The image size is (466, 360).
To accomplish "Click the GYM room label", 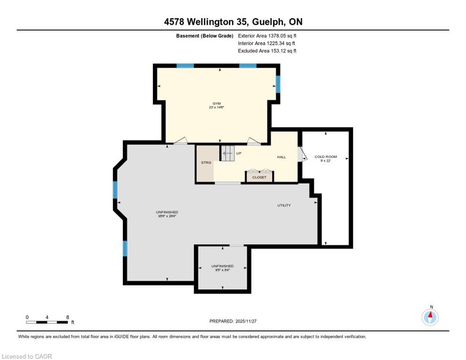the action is click(x=217, y=104).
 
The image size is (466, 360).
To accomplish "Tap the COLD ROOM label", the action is click(x=326, y=157).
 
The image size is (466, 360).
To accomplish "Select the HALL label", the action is click(x=281, y=157).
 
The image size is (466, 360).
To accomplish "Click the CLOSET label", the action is click(x=259, y=177).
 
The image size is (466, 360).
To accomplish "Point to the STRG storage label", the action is click(x=206, y=163).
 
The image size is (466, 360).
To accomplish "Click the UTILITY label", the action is click(x=284, y=205).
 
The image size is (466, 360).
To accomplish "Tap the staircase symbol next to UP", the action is click(x=228, y=153).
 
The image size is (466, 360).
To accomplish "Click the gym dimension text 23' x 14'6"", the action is click(x=217, y=107).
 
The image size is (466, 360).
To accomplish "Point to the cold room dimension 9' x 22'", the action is click(x=325, y=160).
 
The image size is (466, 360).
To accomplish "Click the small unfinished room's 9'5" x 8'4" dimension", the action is click(x=222, y=270).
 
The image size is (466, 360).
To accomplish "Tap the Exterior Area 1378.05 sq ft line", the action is click(x=267, y=36).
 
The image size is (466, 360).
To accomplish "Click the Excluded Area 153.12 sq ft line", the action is click(x=267, y=51).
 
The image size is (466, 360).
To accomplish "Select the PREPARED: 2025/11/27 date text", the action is click(x=233, y=321).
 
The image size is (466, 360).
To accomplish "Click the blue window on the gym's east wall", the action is click(x=278, y=84).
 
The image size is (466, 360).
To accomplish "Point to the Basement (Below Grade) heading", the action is click(x=204, y=36).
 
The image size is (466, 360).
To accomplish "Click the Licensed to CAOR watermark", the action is click(x=27, y=356).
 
